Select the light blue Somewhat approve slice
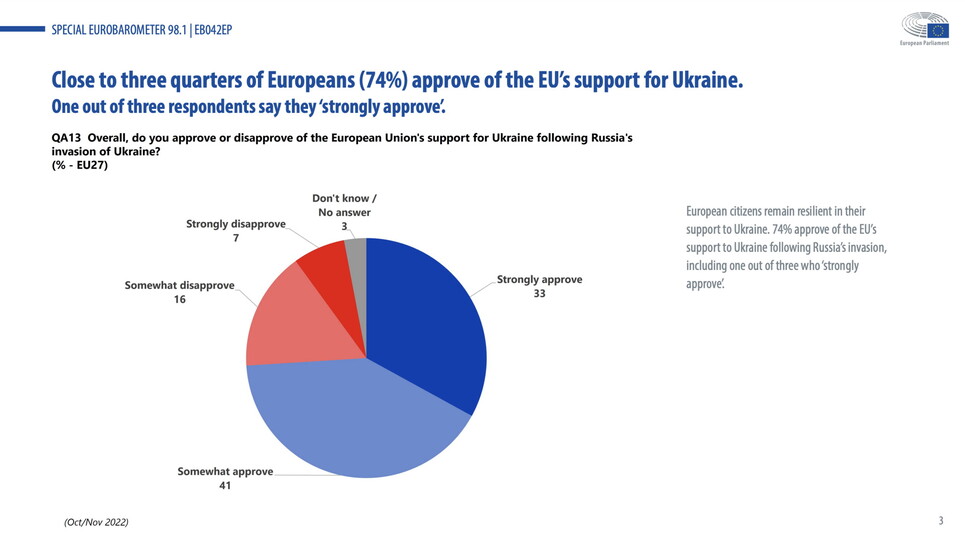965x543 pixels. pos(350,420)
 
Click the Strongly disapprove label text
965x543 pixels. pos(236,223)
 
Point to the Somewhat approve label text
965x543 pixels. pos(225,471)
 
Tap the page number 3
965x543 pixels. pos(940,520)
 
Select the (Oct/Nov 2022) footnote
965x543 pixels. pos(96,522)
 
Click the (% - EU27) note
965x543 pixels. pos(79,165)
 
